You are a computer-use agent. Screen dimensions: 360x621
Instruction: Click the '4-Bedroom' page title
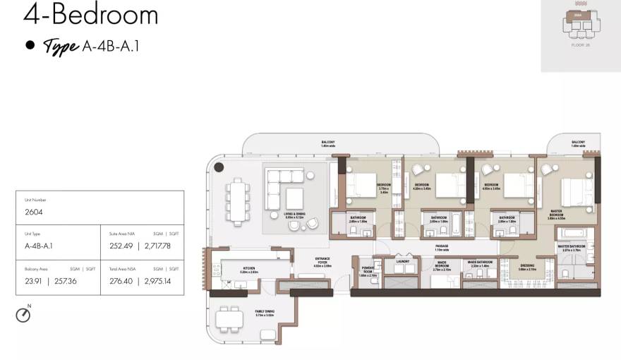90,14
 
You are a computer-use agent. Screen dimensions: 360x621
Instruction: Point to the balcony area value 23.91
34,281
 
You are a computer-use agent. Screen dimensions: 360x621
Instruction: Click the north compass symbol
23,315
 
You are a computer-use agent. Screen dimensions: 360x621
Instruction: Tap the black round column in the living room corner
219,167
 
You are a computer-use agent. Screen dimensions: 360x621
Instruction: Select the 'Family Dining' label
265,313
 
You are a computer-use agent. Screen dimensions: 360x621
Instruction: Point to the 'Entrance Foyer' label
322,261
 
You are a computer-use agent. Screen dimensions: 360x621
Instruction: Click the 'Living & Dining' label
295,215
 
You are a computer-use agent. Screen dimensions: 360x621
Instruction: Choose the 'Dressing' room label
526,267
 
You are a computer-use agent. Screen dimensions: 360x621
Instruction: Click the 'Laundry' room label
403,261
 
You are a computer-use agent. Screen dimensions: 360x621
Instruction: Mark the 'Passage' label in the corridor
442,246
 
